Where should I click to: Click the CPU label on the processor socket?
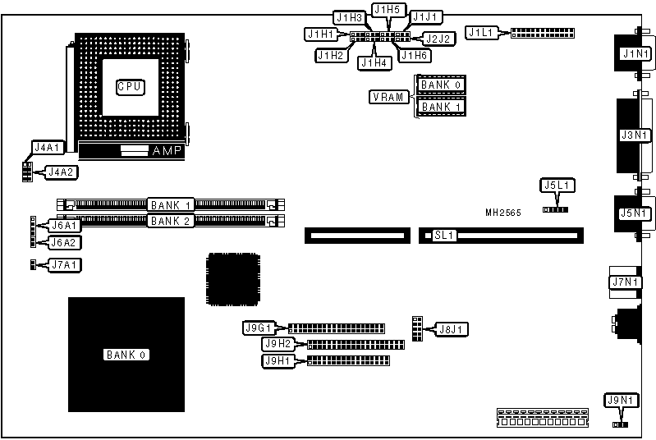click(130, 85)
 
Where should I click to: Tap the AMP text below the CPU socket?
click(169, 151)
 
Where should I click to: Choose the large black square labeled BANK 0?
click(125, 355)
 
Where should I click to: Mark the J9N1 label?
click(620, 401)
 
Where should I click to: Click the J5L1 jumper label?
click(557, 186)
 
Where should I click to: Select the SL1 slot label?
click(444, 236)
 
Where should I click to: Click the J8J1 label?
click(452, 330)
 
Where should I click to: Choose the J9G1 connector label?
click(258, 328)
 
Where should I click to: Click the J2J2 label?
click(435, 38)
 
